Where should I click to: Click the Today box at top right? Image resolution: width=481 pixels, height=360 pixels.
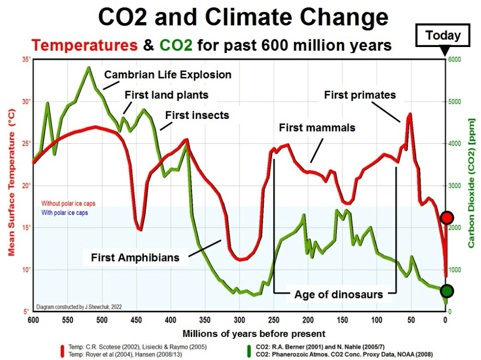point(443,35)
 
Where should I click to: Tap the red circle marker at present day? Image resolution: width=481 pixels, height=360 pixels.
point(447,217)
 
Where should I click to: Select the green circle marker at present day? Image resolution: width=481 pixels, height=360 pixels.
point(447,291)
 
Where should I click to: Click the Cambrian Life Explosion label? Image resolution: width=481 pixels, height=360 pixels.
point(168,74)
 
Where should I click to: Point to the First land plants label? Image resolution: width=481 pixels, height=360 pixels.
point(166,95)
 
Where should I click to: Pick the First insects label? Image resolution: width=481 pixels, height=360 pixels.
point(197,115)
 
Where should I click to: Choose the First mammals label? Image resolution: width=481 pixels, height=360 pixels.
point(317,127)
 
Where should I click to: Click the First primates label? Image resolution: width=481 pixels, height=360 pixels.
point(360,95)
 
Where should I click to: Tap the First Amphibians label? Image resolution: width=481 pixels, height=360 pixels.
point(135,258)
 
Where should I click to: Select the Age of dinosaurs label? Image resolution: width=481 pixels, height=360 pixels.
point(339,295)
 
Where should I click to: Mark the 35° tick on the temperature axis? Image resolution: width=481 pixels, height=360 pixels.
point(25,60)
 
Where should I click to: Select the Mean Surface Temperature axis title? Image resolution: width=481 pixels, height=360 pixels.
point(11,186)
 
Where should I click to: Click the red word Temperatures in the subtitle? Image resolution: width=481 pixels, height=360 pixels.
point(85,46)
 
